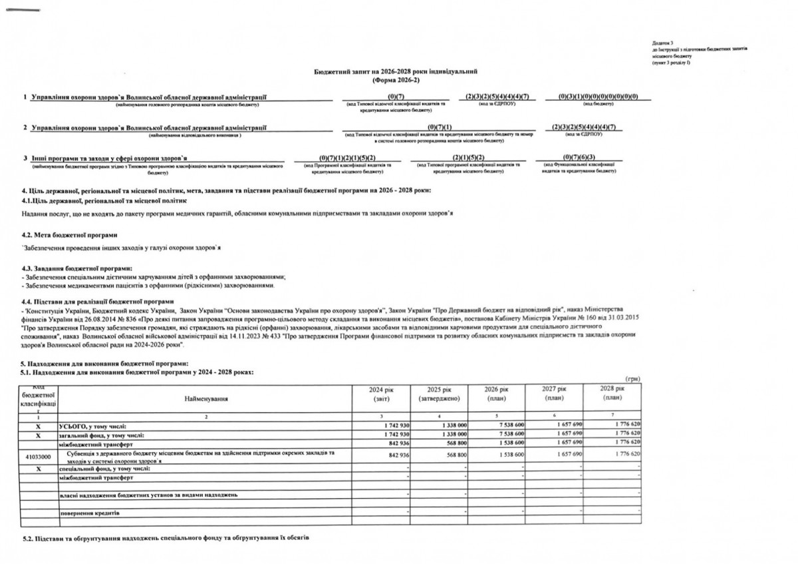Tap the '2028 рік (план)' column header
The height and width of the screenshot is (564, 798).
(x=611, y=393)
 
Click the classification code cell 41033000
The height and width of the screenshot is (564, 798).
(x=39, y=455)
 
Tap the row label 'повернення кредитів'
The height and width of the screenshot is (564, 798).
(x=90, y=514)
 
